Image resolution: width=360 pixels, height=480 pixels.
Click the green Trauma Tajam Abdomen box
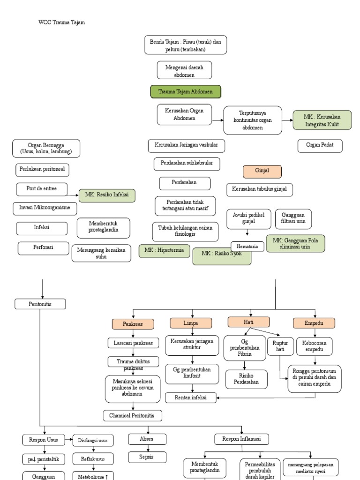point(186,92)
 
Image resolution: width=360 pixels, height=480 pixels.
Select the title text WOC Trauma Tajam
point(61,22)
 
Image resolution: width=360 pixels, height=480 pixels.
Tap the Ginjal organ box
point(262,172)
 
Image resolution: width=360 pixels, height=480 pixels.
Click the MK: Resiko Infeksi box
point(107,195)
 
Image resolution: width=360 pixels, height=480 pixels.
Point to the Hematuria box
point(247,246)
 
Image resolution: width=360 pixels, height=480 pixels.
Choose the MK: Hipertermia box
point(164,251)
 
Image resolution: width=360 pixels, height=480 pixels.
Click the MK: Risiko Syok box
point(222,256)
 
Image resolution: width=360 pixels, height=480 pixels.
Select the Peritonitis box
point(40,304)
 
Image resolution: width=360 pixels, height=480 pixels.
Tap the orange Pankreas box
point(133,324)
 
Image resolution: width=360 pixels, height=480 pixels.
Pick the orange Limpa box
point(191,323)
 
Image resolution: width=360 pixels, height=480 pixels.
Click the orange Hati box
point(248,322)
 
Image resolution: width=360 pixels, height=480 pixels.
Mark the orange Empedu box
point(314,323)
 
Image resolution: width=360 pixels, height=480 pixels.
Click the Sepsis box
point(148,457)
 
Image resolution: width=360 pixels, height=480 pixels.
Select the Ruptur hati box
point(280,346)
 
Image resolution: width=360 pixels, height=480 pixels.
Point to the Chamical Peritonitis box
point(133,415)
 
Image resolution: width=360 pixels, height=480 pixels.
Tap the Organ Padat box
point(320,146)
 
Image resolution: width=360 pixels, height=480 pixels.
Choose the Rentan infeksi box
point(190,397)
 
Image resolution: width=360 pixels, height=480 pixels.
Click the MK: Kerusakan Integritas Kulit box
point(322,120)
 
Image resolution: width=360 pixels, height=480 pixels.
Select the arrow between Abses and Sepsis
point(148,448)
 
